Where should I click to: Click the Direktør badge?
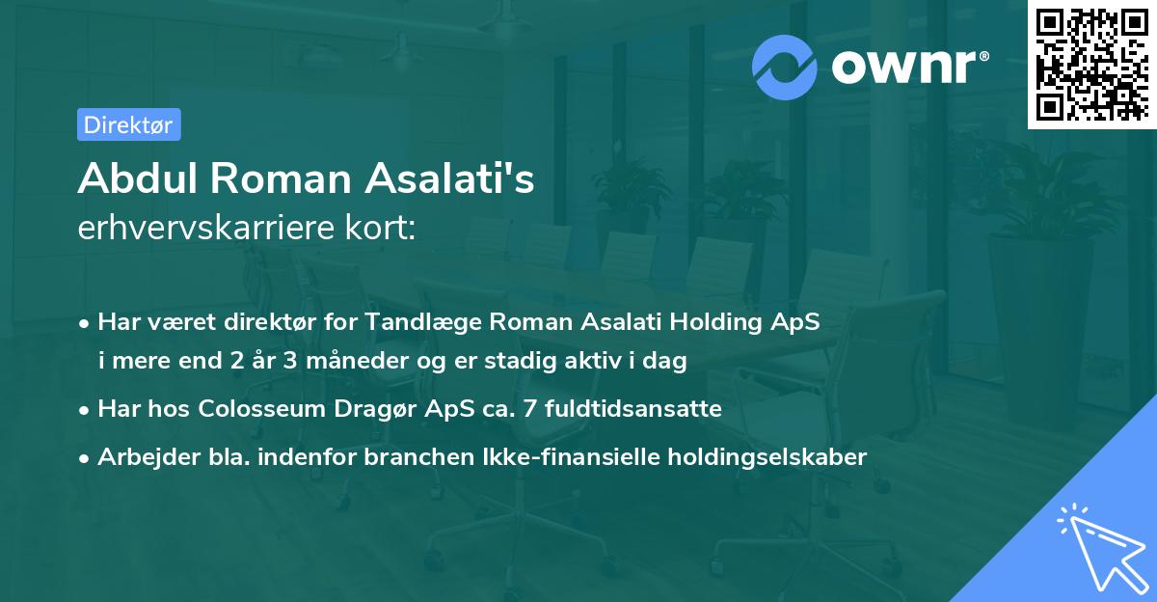point(128,124)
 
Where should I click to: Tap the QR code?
point(1092,64)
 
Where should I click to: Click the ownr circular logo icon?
point(785,67)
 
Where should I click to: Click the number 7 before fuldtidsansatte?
point(531,408)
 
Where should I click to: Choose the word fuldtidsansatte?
point(633,408)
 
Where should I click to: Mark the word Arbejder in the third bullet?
point(140,456)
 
